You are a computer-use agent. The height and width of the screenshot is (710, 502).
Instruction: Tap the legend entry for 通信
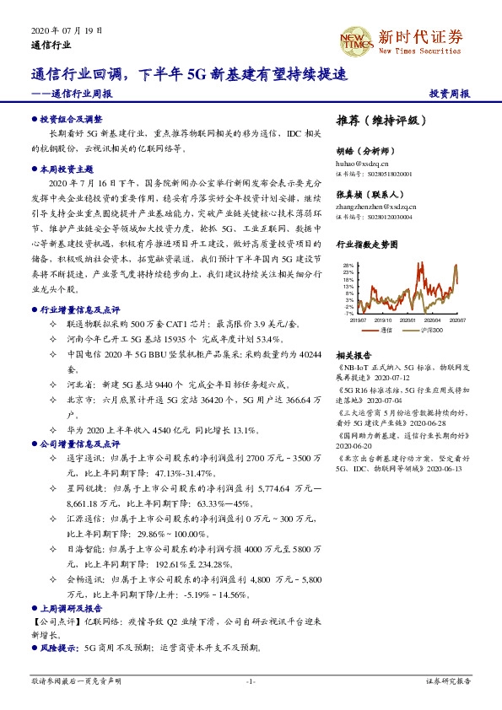tap(387, 331)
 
